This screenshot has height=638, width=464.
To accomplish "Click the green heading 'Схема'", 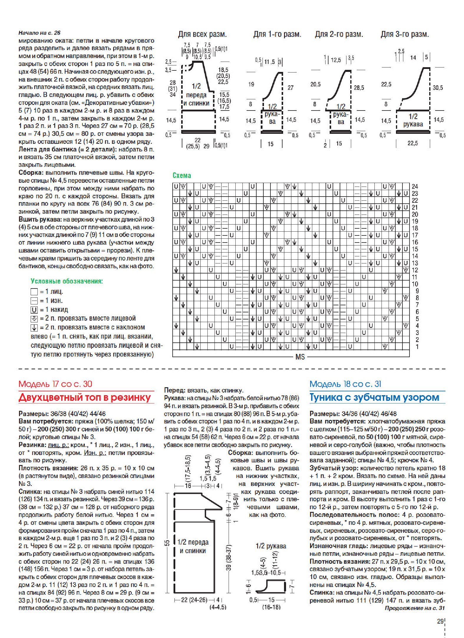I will [181, 176].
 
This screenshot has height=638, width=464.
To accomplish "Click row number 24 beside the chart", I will [415, 187].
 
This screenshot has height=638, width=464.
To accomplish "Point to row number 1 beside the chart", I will [417, 347].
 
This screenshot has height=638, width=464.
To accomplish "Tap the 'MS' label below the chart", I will [300, 357].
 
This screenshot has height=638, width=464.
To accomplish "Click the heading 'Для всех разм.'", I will [202, 34].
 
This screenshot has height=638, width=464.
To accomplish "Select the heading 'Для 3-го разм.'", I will [404, 34].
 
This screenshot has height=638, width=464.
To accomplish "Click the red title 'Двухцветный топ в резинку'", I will [85, 398].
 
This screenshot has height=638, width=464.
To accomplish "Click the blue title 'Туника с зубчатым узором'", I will [374, 397].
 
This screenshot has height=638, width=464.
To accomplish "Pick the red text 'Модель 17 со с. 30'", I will [55, 384].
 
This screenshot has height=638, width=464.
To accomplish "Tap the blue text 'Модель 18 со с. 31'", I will [345, 384].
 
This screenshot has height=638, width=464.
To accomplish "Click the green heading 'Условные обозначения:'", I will [67, 281].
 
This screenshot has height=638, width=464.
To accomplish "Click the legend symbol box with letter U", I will [34, 310].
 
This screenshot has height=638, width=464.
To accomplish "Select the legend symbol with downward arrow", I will [34, 328].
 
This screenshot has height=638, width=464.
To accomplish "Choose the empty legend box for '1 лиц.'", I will [34, 292].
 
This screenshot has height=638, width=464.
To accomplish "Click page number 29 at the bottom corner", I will [440, 621].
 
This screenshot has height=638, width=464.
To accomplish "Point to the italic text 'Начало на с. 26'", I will [39, 33].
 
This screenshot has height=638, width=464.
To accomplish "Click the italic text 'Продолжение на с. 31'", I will [415, 608].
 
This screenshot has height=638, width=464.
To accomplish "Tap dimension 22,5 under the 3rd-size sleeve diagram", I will [412, 144].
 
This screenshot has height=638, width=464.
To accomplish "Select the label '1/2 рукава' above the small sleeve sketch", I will [271, 546].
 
